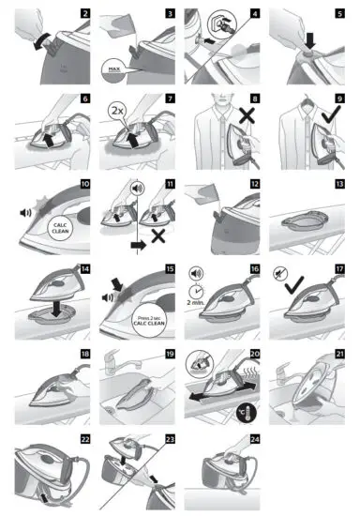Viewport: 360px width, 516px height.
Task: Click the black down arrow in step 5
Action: coord(311,41)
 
